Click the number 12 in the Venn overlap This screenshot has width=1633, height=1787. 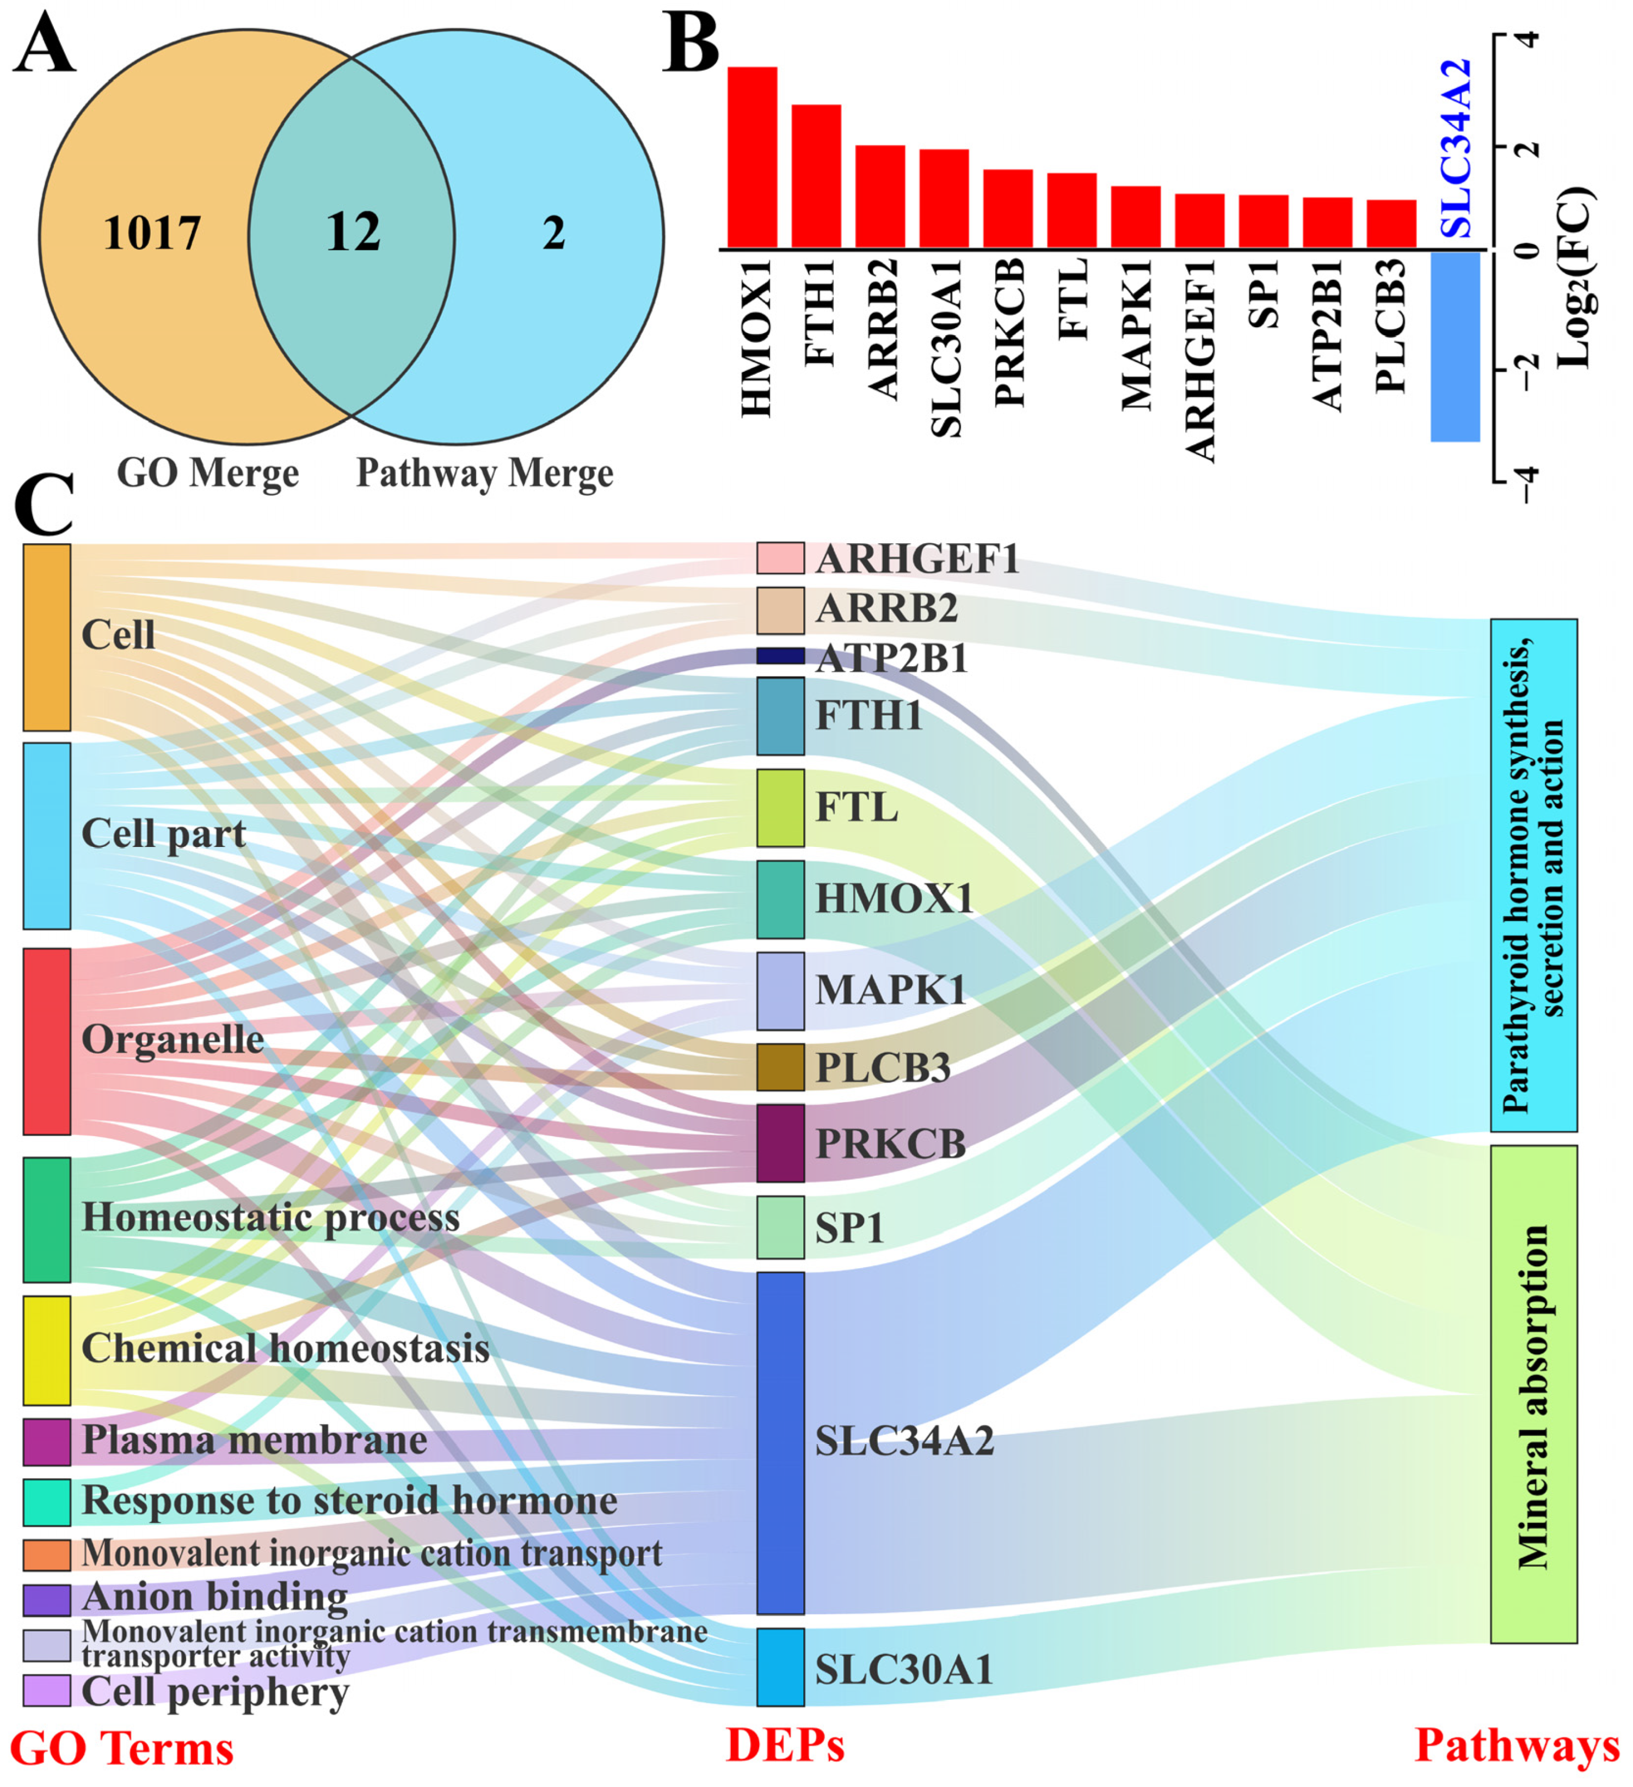tap(353, 232)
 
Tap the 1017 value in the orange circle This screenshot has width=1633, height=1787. tap(152, 233)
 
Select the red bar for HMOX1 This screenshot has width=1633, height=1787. tap(752, 158)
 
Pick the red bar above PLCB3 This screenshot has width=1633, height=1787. tap(1391, 224)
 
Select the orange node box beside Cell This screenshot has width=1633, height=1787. tap(47, 637)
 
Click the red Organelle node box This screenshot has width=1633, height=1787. tap(47, 1041)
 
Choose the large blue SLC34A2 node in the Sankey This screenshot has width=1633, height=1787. tap(780, 1443)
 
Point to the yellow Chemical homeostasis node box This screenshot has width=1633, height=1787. tap(47, 1350)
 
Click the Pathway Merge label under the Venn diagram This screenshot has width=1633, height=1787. tap(485, 474)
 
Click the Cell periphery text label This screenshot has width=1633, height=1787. tap(215, 1692)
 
